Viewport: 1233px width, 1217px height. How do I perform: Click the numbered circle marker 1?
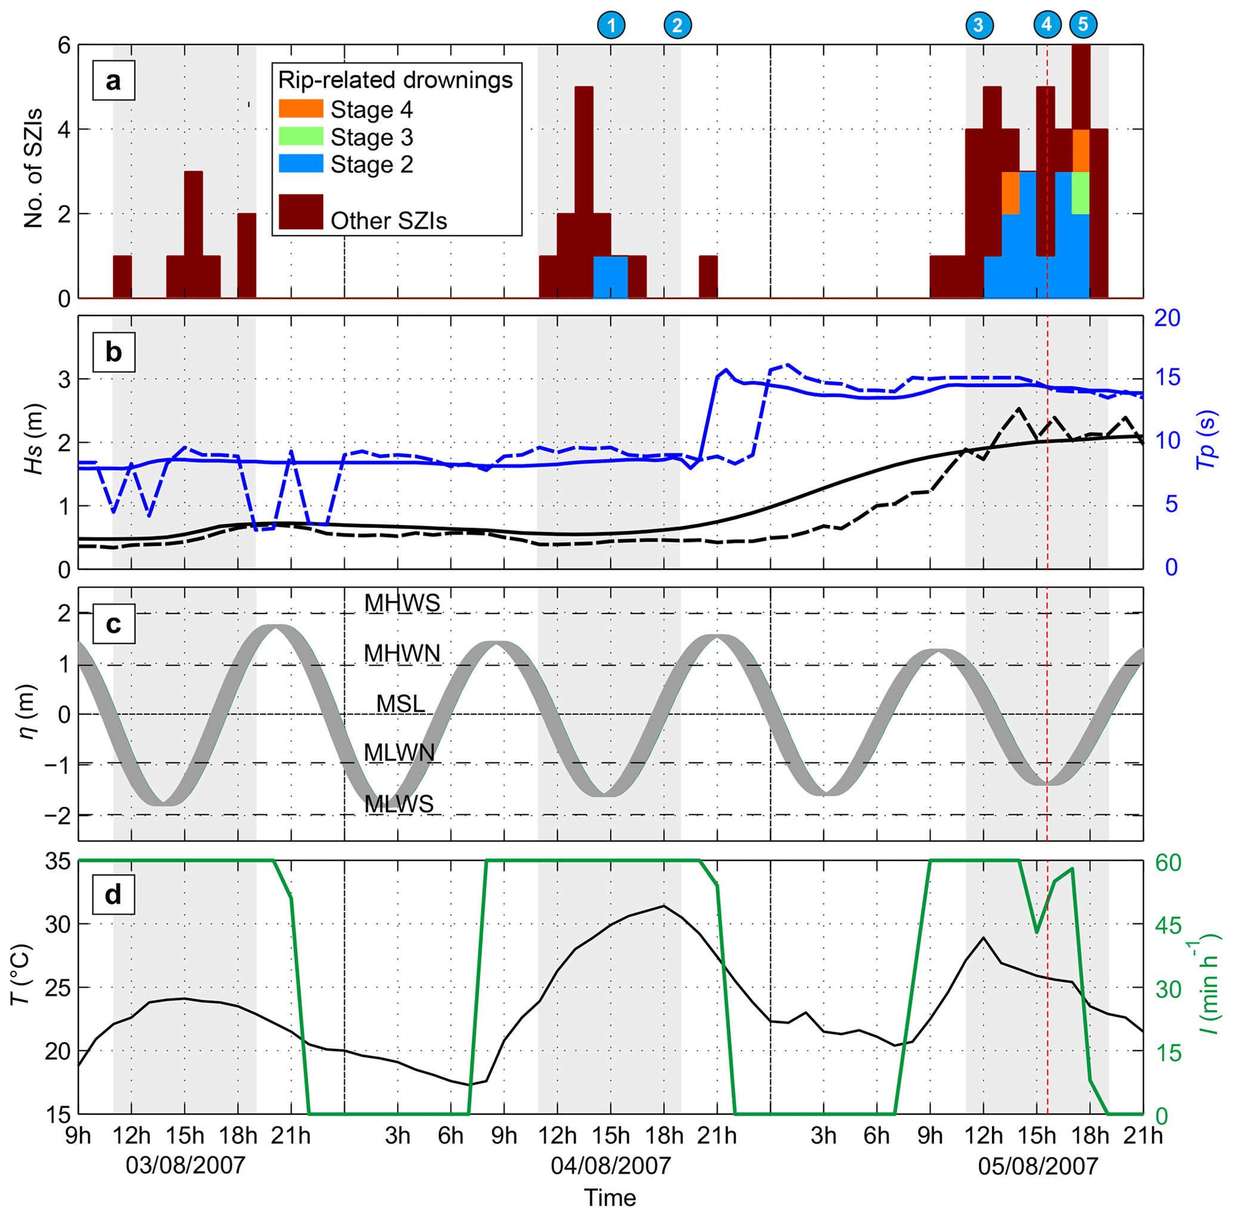[x=611, y=25]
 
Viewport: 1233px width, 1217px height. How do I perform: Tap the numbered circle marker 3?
[x=978, y=25]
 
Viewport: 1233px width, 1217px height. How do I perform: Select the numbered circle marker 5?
[x=1083, y=24]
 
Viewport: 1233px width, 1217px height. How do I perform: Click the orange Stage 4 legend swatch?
[x=301, y=109]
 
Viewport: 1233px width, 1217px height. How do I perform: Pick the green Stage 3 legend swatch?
[x=301, y=137]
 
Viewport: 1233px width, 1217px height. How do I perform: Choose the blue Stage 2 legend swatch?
[x=301, y=164]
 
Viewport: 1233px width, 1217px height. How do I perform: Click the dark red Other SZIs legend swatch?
[x=301, y=211]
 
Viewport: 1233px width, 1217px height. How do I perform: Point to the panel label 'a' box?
[x=113, y=81]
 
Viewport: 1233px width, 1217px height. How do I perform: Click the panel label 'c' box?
[x=113, y=623]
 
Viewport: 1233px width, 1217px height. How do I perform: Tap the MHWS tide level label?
[x=402, y=603]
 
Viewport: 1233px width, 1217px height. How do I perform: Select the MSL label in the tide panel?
[x=400, y=704]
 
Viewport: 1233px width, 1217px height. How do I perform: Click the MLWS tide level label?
[x=399, y=804]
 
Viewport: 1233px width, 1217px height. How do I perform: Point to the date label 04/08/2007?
[x=611, y=1166]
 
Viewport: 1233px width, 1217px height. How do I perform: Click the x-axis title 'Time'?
[x=610, y=1198]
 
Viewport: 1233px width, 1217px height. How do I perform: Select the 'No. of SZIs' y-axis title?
[x=33, y=168]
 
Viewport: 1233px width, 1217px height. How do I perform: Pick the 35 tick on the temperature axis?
[x=57, y=862]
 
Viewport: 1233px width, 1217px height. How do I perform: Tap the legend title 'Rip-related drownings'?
[x=395, y=80]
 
